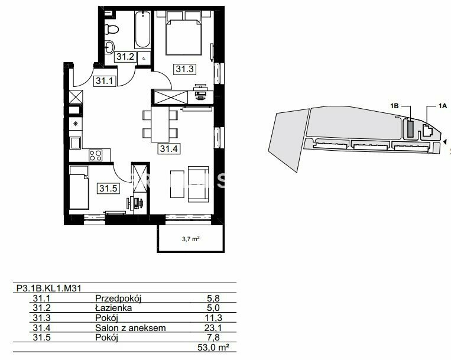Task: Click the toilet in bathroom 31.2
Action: (x=111, y=29)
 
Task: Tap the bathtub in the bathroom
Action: (x=142, y=30)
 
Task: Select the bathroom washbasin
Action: (x=109, y=47)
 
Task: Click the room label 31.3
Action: (x=184, y=69)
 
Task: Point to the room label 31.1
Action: (x=105, y=81)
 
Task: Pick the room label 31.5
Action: (x=108, y=189)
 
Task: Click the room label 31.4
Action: (x=169, y=148)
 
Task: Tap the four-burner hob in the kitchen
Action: (x=96, y=155)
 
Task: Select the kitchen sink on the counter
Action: (x=75, y=143)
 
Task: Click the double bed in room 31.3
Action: (x=184, y=33)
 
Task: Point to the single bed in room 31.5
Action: (x=79, y=187)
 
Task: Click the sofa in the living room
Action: (x=198, y=184)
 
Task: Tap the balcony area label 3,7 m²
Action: (x=191, y=239)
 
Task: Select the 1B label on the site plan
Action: (x=394, y=106)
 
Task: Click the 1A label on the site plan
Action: (x=443, y=106)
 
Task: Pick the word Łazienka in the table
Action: (x=113, y=308)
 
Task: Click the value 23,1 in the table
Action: (x=213, y=327)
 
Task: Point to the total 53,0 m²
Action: (x=213, y=348)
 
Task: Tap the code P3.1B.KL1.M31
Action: (x=49, y=288)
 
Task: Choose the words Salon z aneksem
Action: (x=131, y=328)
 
